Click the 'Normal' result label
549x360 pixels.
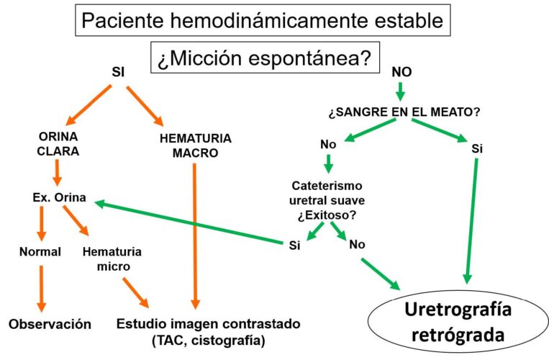click(x=40, y=252)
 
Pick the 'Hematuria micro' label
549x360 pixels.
click(x=112, y=259)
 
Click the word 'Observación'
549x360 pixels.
click(x=50, y=324)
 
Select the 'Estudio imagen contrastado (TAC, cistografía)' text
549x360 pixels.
click(x=209, y=331)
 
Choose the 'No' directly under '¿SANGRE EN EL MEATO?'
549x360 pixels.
click(x=328, y=145)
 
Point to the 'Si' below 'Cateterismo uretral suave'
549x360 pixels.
click(x=294, y=245)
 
